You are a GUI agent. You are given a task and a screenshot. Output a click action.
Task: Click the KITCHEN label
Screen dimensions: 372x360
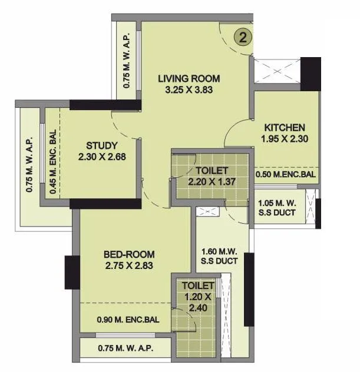(284, 128)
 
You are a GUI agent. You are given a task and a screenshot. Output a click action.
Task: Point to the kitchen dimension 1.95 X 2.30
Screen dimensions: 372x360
(284, 139)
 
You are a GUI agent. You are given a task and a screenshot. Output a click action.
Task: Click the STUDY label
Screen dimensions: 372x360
(102, 145)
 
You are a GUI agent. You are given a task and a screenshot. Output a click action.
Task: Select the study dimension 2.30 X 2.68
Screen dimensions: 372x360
(102, 157)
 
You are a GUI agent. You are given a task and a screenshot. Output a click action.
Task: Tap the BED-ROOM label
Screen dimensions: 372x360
(129, 254)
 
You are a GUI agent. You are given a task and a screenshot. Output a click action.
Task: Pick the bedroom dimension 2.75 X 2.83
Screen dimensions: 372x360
(129, 266)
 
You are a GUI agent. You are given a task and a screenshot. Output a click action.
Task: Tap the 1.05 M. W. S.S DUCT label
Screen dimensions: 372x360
(280, 207)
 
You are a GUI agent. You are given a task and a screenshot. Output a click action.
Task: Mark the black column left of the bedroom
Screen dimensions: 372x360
(72, 273)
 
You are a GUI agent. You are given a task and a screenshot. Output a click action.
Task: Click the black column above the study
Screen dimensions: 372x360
(105, 105)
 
